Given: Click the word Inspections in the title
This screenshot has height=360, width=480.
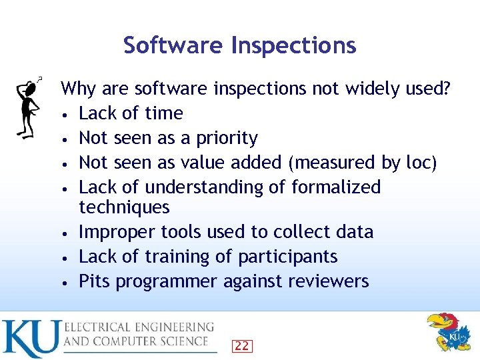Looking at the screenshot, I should (293, 45).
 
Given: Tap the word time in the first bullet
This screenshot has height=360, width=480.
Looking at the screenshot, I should (164, 113).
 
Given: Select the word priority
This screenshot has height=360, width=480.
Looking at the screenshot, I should (225, 139).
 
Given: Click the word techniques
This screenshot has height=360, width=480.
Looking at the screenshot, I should (124, 207).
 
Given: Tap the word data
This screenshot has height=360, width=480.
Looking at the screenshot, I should (354, 232).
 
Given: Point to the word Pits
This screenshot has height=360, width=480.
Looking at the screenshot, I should (95, 281).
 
